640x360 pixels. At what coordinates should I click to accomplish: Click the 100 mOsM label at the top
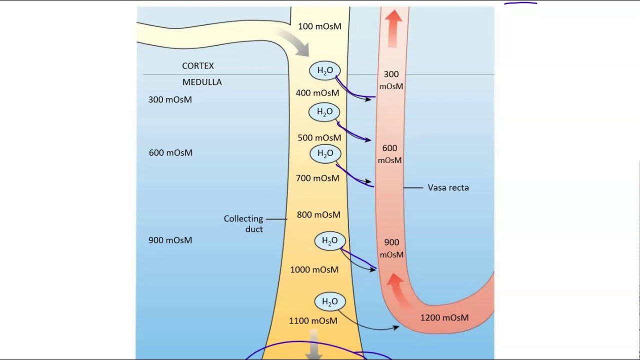click(x=319, y=26)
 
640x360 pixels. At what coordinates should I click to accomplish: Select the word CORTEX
click(x=197, y=66)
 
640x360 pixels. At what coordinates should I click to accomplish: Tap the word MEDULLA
click(x=202, y=82)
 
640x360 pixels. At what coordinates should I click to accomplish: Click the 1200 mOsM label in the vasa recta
click(x=444, y=317)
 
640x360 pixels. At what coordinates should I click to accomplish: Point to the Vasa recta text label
click(x=448, y=188)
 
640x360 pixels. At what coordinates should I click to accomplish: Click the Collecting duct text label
click(x=243, y=223)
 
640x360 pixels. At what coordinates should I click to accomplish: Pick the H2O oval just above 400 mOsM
click(x=325, y=71)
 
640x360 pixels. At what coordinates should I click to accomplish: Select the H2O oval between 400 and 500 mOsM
click(x=324, y=112)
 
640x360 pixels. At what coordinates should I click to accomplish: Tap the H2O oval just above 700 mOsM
click(x=325, y=153)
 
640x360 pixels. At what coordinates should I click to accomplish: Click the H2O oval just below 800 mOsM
click(x=329, y=241)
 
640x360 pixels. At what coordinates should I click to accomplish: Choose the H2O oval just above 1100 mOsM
click(x=329, y=302)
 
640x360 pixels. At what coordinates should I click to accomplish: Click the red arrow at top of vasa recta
click(x=394, y=27)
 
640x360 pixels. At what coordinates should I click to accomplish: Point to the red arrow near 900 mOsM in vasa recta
click(x=396, y=286)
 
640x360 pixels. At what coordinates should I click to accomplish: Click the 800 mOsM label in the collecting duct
click(x=318, y=215)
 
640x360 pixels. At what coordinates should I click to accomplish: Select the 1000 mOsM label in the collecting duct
click(x=314, y=270)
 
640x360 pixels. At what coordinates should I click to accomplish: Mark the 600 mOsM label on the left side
click(x=170, y=153)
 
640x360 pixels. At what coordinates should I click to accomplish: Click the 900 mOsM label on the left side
click(x=170, y=240)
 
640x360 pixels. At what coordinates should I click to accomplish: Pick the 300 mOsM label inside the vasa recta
click(x=391, y=80)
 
